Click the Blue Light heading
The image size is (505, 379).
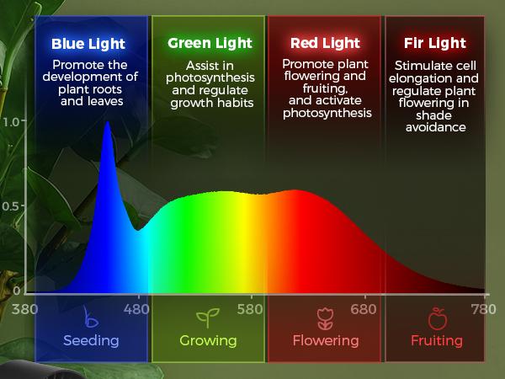click(x=88, y=44)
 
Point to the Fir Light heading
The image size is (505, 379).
click(x=435, y=43)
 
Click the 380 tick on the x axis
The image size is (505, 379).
click(x=26, y=309)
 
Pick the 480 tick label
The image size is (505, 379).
click(x=137, y=309)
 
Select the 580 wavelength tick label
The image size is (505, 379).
click(x=251, y=309)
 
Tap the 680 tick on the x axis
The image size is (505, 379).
click(x=364, y=309)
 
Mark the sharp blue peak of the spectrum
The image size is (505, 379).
click(x=107, y=125)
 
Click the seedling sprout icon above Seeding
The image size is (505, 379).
click(x=91, y=318)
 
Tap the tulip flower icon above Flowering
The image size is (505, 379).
click(x=326, y=318)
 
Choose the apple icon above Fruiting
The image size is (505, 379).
click(x=437, y=318)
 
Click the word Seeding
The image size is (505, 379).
click(x=91, y=341)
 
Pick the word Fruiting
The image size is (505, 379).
click(x=437, y=341)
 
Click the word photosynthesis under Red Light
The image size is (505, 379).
click(x=327, y=113)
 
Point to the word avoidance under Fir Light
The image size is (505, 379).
click(x=436, y=128)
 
